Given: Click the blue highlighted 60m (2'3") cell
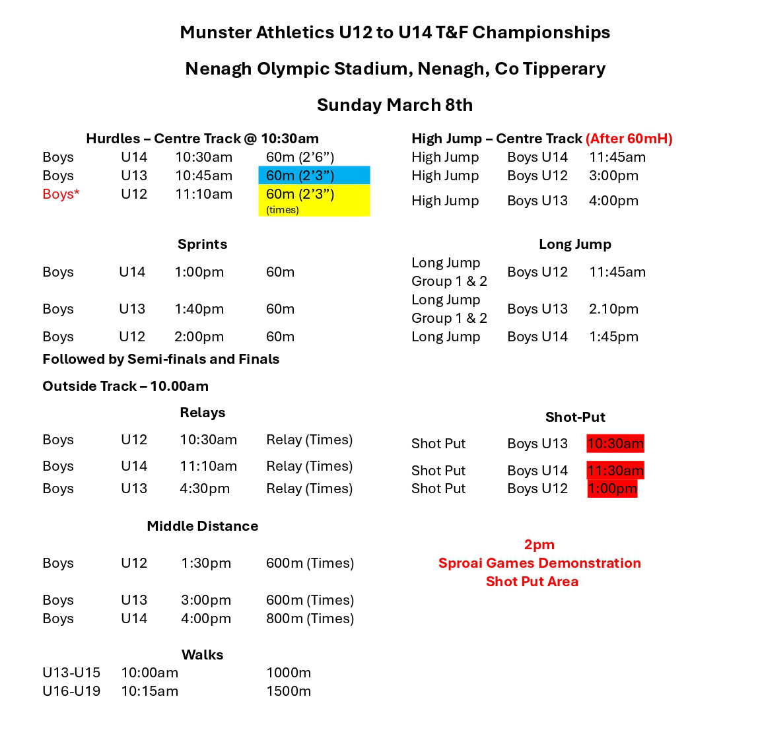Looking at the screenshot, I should point(314,176).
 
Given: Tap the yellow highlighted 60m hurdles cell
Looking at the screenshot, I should point(314,199).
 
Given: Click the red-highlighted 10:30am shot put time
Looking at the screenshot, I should point(615,444).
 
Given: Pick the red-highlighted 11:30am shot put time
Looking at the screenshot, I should point(615,471).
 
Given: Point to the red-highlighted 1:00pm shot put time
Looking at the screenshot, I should point(612,489).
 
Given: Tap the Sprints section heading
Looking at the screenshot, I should point(202,244).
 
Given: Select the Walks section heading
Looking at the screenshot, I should point(202,655).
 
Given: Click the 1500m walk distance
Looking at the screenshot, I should point(289,691).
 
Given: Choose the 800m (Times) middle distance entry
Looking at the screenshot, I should point(310,619).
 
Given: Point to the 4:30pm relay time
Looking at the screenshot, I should point(205,489).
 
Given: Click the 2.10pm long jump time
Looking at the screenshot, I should point(613,309).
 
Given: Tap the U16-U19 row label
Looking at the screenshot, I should point(71,691).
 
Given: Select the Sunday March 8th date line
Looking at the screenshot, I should point(395,105).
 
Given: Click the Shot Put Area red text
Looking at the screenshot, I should point(532,582).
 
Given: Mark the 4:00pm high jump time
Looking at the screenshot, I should point(613,201).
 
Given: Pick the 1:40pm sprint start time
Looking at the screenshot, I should point(199,309).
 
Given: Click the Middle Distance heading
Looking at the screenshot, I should point(202,526).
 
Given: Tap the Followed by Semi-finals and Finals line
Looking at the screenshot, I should point(160,359).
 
